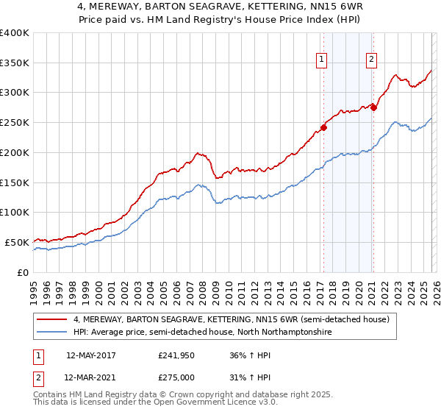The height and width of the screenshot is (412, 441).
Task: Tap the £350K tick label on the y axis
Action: click(x=15, y=63)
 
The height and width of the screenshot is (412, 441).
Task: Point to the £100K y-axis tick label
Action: click(x=15, y=213)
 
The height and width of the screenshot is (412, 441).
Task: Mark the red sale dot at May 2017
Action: click(x=323, y=127)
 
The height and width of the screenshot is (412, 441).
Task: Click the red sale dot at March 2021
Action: click(x=373, y=107)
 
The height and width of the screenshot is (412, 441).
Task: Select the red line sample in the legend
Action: click(x=53, y=320)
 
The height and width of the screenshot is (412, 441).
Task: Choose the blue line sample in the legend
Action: click(x=53, y=333)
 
